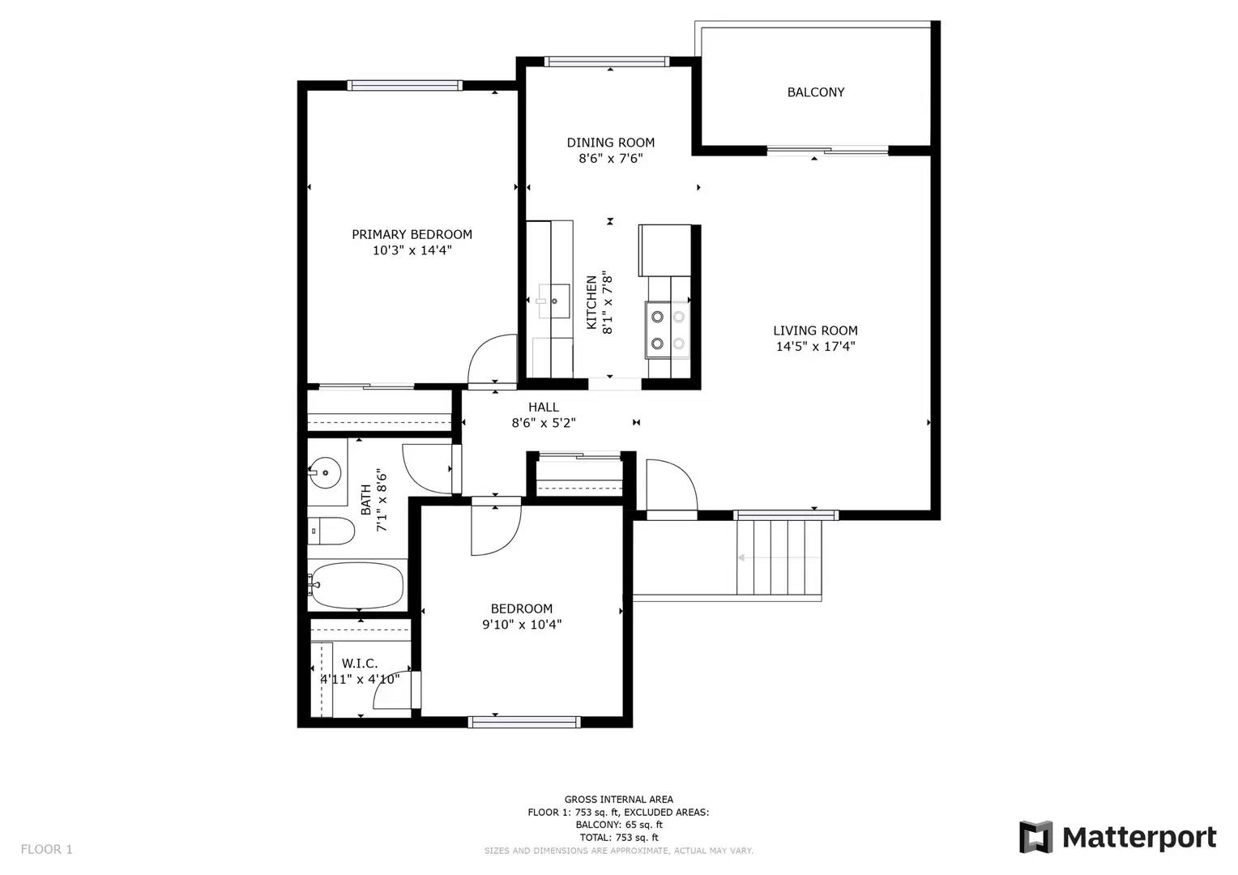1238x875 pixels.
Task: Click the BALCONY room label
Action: pos(816,92)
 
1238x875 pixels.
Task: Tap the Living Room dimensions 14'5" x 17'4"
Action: pos(816,347)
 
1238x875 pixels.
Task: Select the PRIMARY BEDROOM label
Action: pos(412,234)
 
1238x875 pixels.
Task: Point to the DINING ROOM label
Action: pos(611,143)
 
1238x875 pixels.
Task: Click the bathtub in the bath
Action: pos(357,585)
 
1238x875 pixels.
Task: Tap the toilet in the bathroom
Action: pos(331,531)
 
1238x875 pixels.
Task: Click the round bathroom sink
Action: pos(324,473)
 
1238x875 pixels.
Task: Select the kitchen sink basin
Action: pos(554,301)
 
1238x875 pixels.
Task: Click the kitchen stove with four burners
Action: pos(668,330)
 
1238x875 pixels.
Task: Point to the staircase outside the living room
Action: pos(779,557)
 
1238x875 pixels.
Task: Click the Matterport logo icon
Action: pos(1035,837)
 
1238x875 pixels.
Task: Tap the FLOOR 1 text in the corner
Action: pos(46,849)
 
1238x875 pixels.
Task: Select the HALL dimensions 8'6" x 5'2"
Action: pos(544,424)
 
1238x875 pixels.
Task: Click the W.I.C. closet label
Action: pos(360,664)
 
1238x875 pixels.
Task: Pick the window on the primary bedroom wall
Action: pos(404,85)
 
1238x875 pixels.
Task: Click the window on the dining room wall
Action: pos(607,62)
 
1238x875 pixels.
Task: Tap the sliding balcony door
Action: pos(827,151)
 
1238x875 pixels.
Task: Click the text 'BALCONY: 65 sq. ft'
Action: pos(619,825)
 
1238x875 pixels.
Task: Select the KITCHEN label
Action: pos(591,302)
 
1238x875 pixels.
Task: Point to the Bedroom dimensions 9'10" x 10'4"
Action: pos(522,625)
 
